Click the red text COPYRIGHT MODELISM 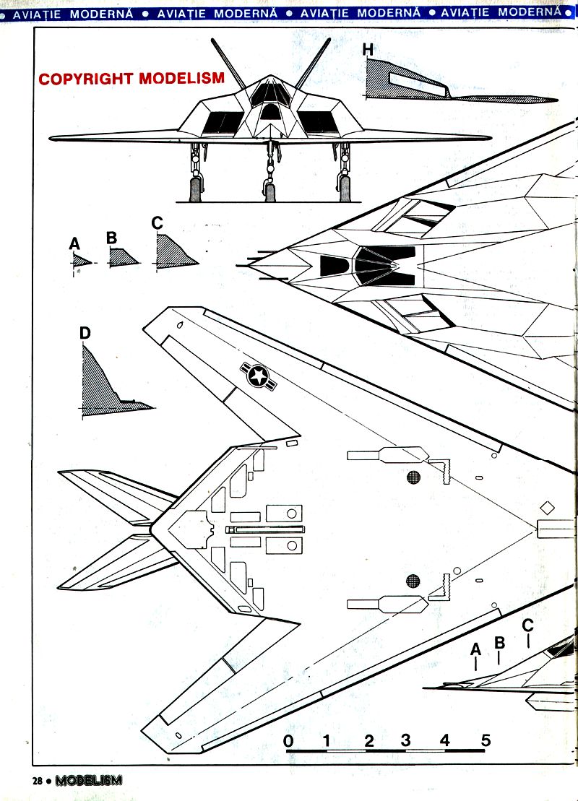(131, 79)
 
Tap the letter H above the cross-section (368, 50)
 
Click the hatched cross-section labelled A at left (81, 262)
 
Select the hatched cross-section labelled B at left (122, 256)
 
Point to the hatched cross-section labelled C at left (173, 252)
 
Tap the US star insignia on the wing (257, 376)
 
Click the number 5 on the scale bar (485, 740)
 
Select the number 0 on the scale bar (288, 740)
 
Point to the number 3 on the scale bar (405, 740)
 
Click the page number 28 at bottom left (38, 780)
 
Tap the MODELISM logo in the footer (89, 780)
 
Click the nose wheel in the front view (270, 191)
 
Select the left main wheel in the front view (195, 189)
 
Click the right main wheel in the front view (345, 189)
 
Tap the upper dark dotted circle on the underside (413, 477)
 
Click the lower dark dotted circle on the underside (413, 579)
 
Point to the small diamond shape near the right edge (547, 508)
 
